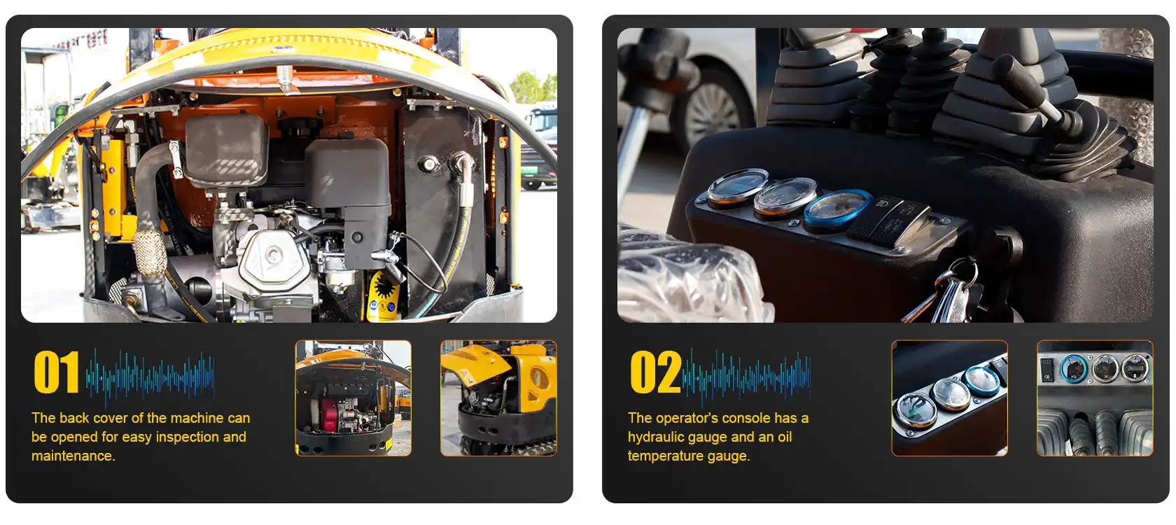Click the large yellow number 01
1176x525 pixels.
coord(56,372)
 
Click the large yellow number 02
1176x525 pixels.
coord(656,372)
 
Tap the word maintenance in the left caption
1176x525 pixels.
coord(73,456)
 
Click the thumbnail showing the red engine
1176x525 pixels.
coord(353,398)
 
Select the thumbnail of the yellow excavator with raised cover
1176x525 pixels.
coord(498,398)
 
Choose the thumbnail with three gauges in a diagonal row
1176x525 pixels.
coord(950,398)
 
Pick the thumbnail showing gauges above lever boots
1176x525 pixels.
coord(1095,398)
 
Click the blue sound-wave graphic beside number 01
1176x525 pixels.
coord(150,376)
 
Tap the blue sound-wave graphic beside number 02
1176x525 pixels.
coord(746,376)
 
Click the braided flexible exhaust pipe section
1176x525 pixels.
coord(149,252)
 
